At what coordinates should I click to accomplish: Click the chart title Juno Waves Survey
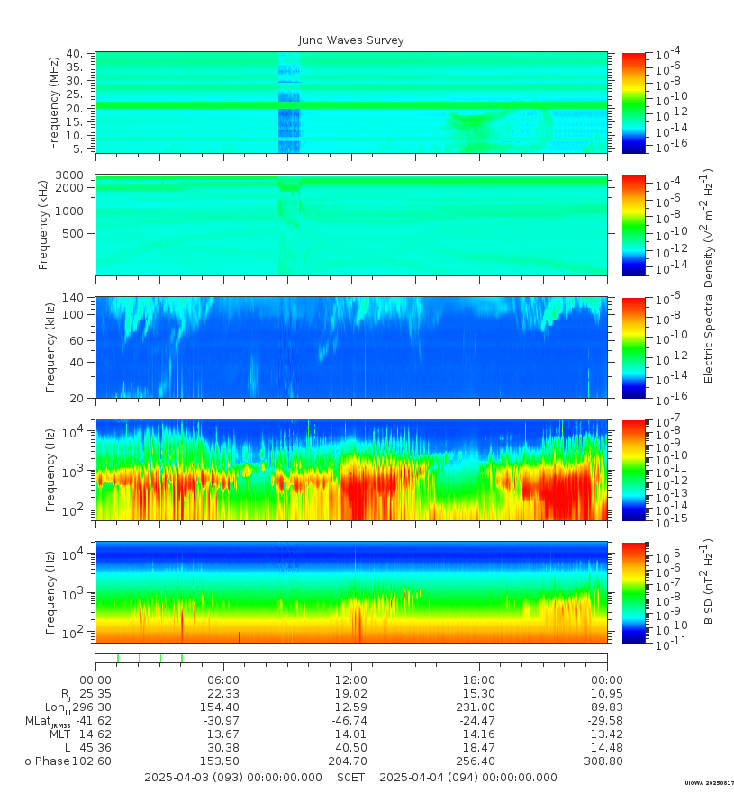[351, 40]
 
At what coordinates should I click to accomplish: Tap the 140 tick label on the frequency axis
[74, 298]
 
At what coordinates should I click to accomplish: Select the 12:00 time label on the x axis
[351, 679]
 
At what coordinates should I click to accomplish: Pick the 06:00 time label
[223, 679]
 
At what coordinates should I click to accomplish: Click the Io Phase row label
[46, 761]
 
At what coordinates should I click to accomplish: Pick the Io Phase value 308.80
[606, 761]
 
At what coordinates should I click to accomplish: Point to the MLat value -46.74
[349, 721]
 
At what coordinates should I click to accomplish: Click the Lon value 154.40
[222, 707]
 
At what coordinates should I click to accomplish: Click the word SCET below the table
[350, 777]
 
